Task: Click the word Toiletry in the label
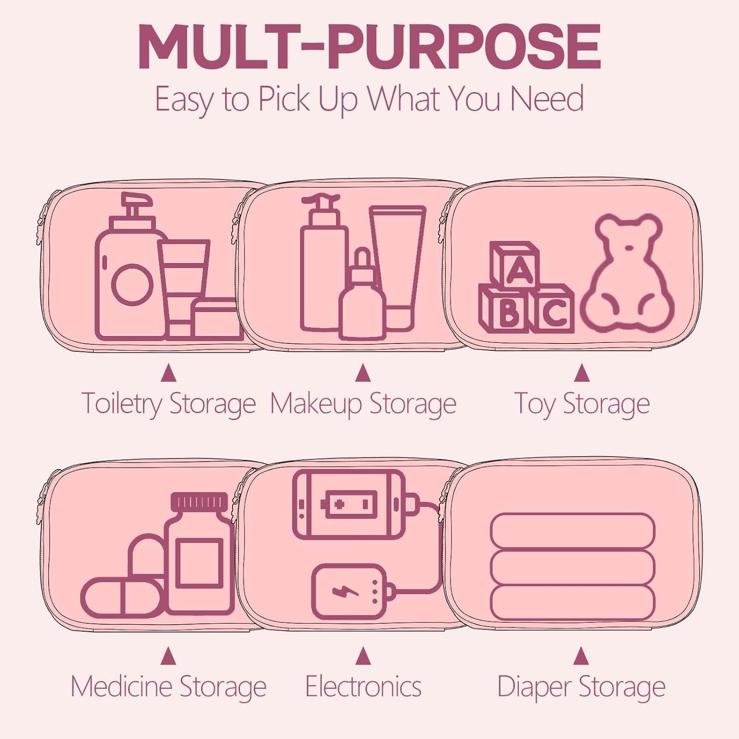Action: point(121,404)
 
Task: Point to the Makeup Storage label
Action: point(363,404)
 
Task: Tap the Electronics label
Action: point(363,686)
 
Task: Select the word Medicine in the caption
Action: point(121,686)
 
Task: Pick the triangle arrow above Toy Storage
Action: point(582,373)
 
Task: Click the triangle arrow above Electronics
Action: point(363,656)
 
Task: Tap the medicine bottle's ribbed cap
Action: point(200,502)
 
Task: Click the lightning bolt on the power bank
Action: point(339,591)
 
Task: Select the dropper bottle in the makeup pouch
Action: point(362,301)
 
